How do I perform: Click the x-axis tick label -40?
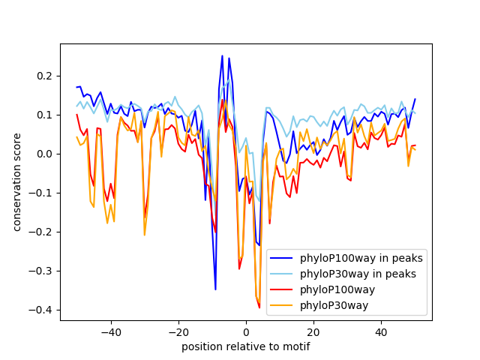(x=110, y=331)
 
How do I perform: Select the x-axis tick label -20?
(x=178, y=331)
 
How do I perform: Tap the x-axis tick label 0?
(x=246, y=331)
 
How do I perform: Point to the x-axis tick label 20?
(x=313, y=331)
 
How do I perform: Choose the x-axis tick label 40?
(x=381, y=331)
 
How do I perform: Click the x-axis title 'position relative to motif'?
(x=246, y=346)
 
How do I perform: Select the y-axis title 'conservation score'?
(x=16, y=182)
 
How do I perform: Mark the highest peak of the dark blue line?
(x=222, y=55)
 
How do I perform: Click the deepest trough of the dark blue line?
(x=215, y=289)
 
